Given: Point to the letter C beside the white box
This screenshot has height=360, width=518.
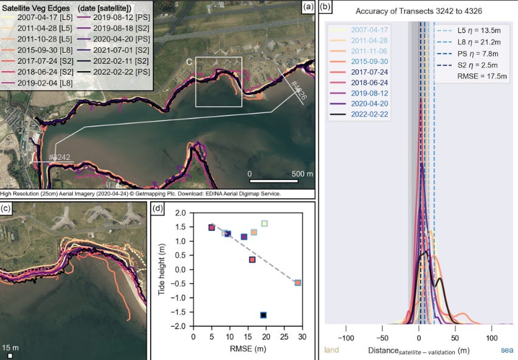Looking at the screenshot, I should [190, 61].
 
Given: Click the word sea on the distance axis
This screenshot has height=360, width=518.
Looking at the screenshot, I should [507, 350].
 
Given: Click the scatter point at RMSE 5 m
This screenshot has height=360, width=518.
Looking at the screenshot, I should [212, 227].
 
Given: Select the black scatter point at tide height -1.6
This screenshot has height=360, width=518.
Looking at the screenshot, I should [263, 315].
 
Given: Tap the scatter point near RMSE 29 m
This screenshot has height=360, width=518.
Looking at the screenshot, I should [298, 283].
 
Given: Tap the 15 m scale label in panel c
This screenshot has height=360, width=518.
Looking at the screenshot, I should [11, 347].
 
